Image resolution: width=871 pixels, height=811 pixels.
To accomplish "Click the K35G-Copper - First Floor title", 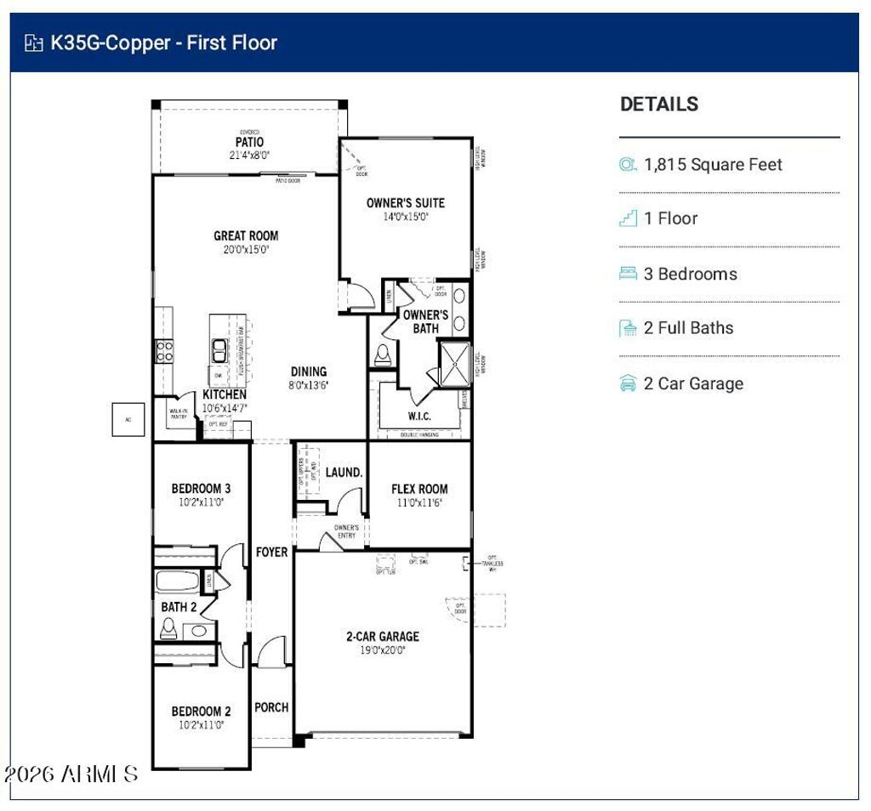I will coord(163,43).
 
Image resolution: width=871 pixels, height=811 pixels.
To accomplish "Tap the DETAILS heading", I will coord(659,105).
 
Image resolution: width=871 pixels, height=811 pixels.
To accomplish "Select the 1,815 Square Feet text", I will coord(713,165).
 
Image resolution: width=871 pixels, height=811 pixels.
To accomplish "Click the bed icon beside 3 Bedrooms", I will coord(629,274).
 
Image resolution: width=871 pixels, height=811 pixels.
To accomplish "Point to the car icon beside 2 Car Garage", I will coord(629,383).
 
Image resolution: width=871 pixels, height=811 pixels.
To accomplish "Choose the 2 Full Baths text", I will coord(688,328).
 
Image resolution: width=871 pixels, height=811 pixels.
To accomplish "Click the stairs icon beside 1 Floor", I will coord(629,218).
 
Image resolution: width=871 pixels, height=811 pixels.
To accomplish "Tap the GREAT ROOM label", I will coord(246,235).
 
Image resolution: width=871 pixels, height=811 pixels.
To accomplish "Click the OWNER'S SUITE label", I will coord(405,202).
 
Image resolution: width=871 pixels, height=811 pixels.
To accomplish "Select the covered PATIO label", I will coord(249,142).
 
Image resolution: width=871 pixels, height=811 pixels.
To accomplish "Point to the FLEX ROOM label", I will coord(419,489).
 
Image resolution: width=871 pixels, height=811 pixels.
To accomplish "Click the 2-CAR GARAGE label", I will coord(382,636).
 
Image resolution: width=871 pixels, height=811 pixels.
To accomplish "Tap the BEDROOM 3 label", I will coord(201,489).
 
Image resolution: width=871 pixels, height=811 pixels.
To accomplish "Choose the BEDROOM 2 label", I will coord(201,712).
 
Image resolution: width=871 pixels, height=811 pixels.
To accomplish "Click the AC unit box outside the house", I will coord(128,419).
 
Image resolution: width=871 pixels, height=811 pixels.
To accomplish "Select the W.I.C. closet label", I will coord(419,417).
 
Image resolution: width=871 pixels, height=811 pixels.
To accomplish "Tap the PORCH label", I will coord(271,707).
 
